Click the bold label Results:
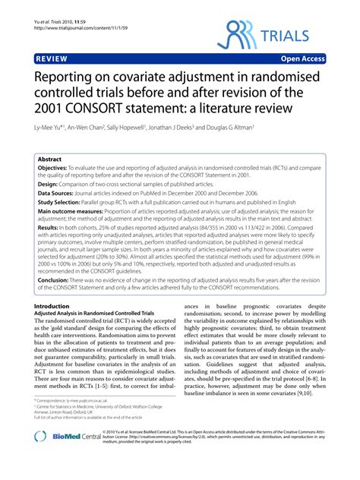coord(48,248)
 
